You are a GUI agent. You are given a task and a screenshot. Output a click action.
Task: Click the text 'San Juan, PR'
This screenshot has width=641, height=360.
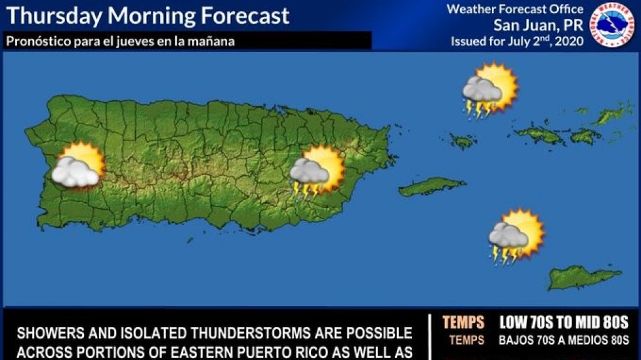tap(538, 26)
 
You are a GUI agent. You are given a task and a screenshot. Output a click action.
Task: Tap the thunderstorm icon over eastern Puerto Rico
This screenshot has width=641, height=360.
tap(317, 172)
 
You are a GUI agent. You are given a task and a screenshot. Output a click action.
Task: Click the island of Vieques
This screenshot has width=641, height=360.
tap(431, 186)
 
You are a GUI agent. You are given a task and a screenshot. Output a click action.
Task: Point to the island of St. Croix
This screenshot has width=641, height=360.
tap(583, 277)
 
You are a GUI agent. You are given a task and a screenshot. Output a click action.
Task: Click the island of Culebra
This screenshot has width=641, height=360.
tap(463, 141)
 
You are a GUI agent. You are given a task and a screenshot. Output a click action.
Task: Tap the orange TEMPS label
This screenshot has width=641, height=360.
tap(463, 322)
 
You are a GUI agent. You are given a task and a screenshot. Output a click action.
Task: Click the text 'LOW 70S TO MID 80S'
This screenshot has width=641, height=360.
tap(563, 322)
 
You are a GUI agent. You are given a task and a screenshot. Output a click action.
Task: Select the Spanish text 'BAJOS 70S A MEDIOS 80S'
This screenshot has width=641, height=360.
tap(563, 341)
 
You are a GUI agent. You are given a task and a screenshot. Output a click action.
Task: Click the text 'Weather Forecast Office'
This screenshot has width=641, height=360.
tap(515, 9)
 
